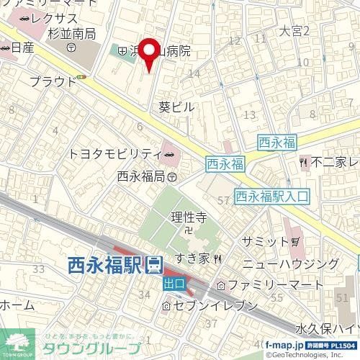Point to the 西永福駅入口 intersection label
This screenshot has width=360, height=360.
tap(271, 194)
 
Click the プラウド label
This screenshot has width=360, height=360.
tap(53, 81)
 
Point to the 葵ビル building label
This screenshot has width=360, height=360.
tap(176, 106)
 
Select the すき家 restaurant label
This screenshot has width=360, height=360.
tap(194, 258)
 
